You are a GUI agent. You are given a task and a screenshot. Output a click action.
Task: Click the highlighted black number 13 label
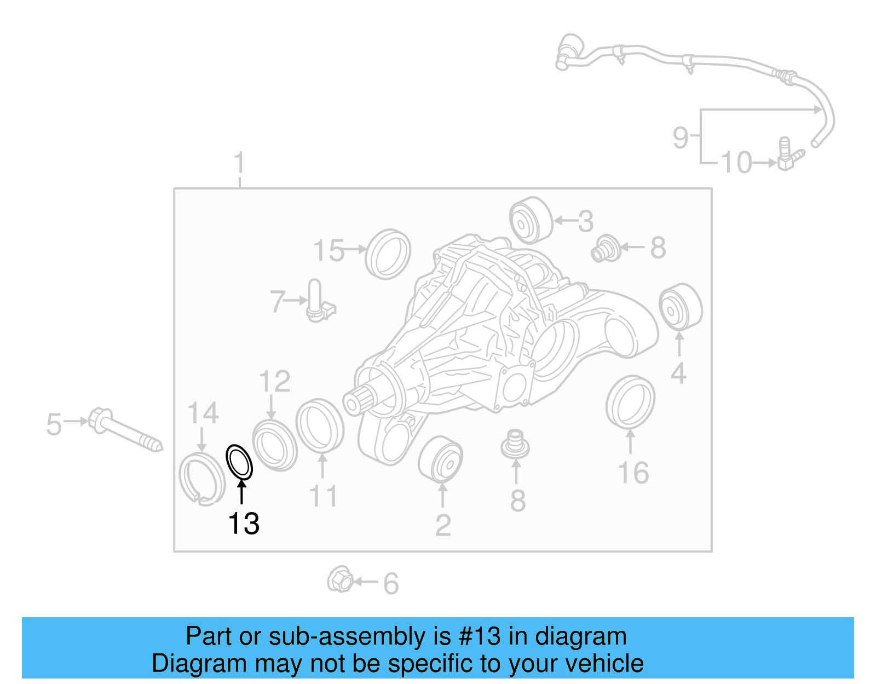[x=244, y=524]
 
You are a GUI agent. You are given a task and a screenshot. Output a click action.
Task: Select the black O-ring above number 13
[x=239, y=462]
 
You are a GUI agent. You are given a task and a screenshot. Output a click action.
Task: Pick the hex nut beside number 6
[x=340, y=580]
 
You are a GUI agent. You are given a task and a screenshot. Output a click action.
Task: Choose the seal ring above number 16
[x=630, y=403]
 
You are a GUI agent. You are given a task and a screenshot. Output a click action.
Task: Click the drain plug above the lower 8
[x=515, y=444]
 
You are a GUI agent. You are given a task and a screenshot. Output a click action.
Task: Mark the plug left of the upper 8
[x=606, y=249]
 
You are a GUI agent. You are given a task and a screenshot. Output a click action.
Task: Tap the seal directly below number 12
[x=275, y=445]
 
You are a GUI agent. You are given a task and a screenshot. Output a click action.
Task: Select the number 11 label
[x=323, y=497]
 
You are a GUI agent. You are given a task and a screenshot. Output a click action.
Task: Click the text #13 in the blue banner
[x=480, y=636]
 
